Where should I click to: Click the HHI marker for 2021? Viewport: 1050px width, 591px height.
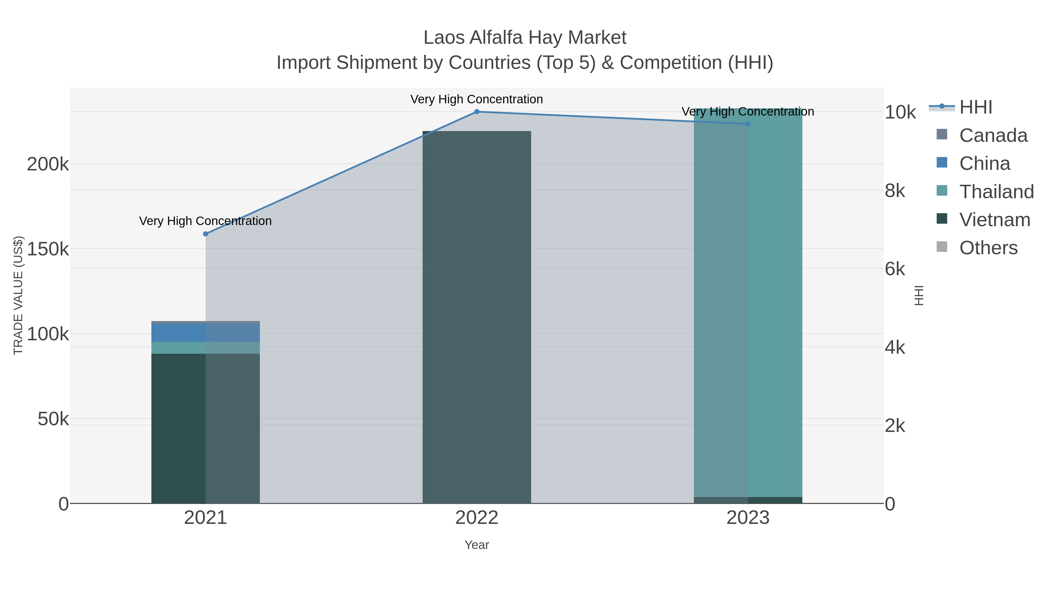pos(205,234)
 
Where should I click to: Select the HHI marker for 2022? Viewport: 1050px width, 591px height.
pos(477,112)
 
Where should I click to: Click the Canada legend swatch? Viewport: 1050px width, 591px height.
pos(942,134)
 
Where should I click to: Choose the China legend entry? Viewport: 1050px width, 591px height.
pos(984,163)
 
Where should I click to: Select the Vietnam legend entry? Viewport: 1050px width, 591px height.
pos(995,220)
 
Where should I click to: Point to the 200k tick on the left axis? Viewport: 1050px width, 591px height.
pos(48,164)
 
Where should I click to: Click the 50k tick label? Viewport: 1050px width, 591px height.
pos(53,419)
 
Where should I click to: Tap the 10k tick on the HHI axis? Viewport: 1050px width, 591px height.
pos(900,112)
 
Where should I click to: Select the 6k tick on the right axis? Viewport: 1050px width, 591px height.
pos(895,269)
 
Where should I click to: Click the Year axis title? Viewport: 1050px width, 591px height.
pos(477,545)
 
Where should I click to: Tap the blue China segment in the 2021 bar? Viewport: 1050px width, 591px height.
pos(205,333)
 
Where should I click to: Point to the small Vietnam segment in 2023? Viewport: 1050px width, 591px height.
pos(748,500)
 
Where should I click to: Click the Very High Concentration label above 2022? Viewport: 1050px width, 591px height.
pos(477,100)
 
